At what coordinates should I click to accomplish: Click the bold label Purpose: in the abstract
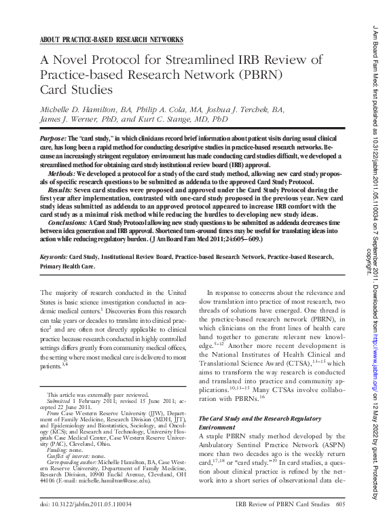pos(59,137)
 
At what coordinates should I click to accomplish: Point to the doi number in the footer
pos(86,505)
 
